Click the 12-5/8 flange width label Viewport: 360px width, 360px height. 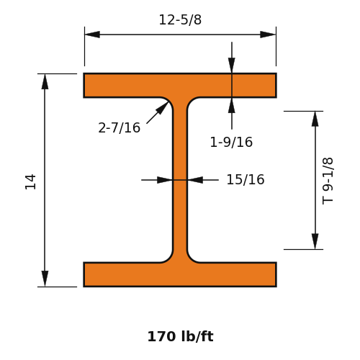pyautogui.click(x=180, y=19)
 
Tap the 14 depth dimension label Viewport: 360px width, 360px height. pyautogui.click(x=30, y=182)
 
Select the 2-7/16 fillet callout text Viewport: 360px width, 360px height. pyautogui.click(x=120, y=127)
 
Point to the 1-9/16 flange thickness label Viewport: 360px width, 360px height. pyautogui.click(x=231, y=142)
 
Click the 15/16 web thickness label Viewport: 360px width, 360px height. pyautogui.click(x=246, y=179)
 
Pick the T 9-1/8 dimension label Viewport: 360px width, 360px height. pyautogui.click(x=328, y=181)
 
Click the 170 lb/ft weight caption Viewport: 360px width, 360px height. pyautogui.click(x=181, y=336)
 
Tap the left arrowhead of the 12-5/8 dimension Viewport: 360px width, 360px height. pyautogui.click(x=92, y=35)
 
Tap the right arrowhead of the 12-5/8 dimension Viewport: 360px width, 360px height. pyautogui.click(x=268, y=35)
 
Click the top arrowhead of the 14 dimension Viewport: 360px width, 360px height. pyautogui.click(x=45, y=81)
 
